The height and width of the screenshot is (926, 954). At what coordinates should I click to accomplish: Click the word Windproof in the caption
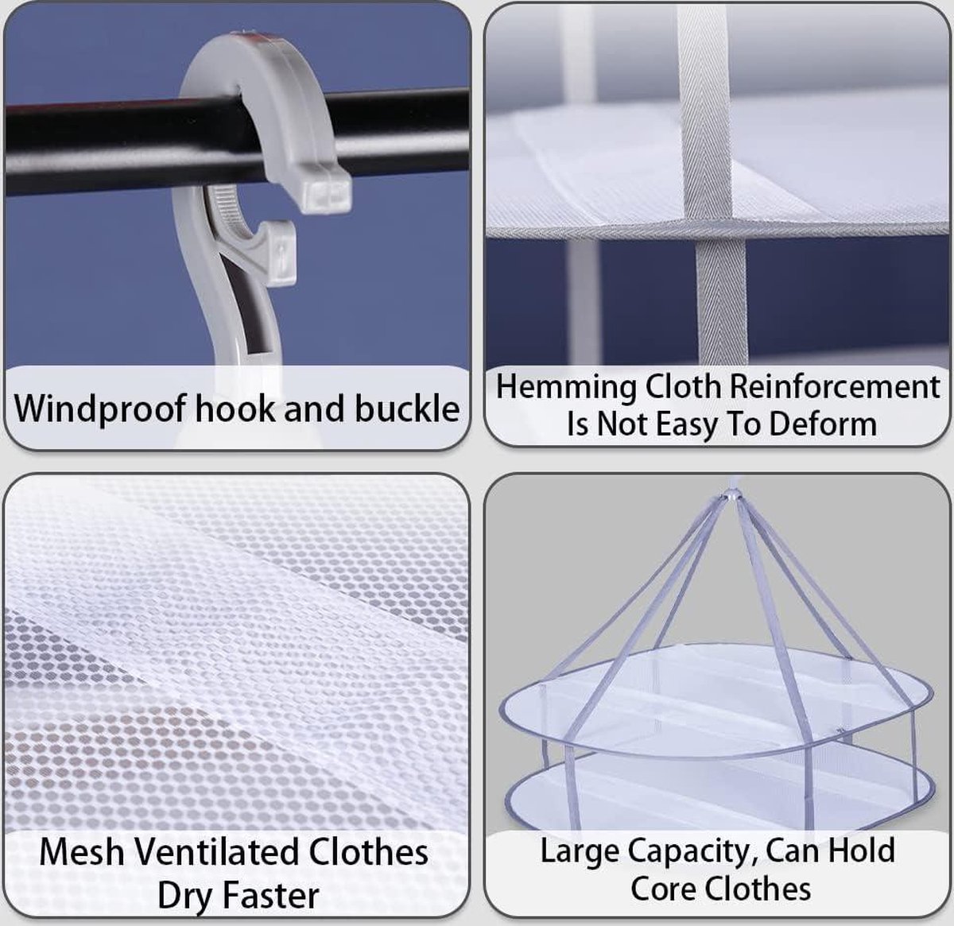click(99, 409)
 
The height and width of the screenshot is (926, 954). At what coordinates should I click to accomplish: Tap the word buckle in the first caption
click(407, 408)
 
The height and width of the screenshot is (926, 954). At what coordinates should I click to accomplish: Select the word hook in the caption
click(235, 408)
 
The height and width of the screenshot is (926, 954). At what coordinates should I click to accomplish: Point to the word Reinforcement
click(835, 387)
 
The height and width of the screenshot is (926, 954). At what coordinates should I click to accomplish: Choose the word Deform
click(823, 424)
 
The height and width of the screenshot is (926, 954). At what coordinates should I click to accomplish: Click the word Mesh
click(82, 852)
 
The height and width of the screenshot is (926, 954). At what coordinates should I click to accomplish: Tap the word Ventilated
click(216, 852)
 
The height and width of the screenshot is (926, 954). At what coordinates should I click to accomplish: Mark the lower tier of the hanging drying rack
click(719, 795)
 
